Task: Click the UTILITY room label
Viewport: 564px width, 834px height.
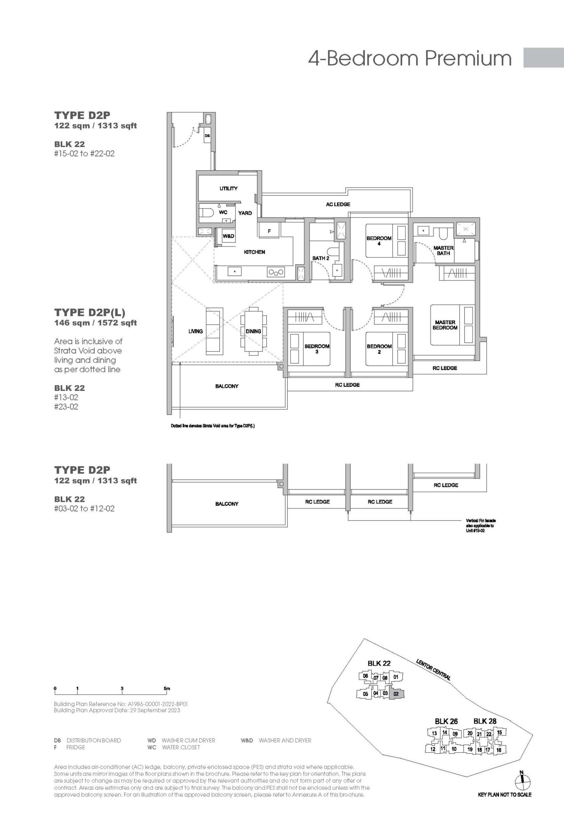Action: point(228,188)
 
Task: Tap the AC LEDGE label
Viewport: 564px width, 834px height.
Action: point(338,204)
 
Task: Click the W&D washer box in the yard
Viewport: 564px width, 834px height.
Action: point(228,236)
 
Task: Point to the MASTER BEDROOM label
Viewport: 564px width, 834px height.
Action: point(445,325)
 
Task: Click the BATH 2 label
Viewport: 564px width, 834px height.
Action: point(321,258)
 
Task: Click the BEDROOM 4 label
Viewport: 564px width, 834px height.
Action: point(379,241)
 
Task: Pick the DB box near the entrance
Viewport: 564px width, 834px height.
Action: point(207,136)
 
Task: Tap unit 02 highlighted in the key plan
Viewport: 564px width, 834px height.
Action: point(396,694)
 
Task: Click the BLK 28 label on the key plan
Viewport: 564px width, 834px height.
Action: point(485,720)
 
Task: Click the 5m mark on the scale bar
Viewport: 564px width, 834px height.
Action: point(166,688)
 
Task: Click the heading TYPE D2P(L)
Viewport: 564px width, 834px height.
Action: point(90,312)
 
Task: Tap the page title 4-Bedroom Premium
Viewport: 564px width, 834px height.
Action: point(410,58)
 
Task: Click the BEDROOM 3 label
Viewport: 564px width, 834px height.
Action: point(317,349)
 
